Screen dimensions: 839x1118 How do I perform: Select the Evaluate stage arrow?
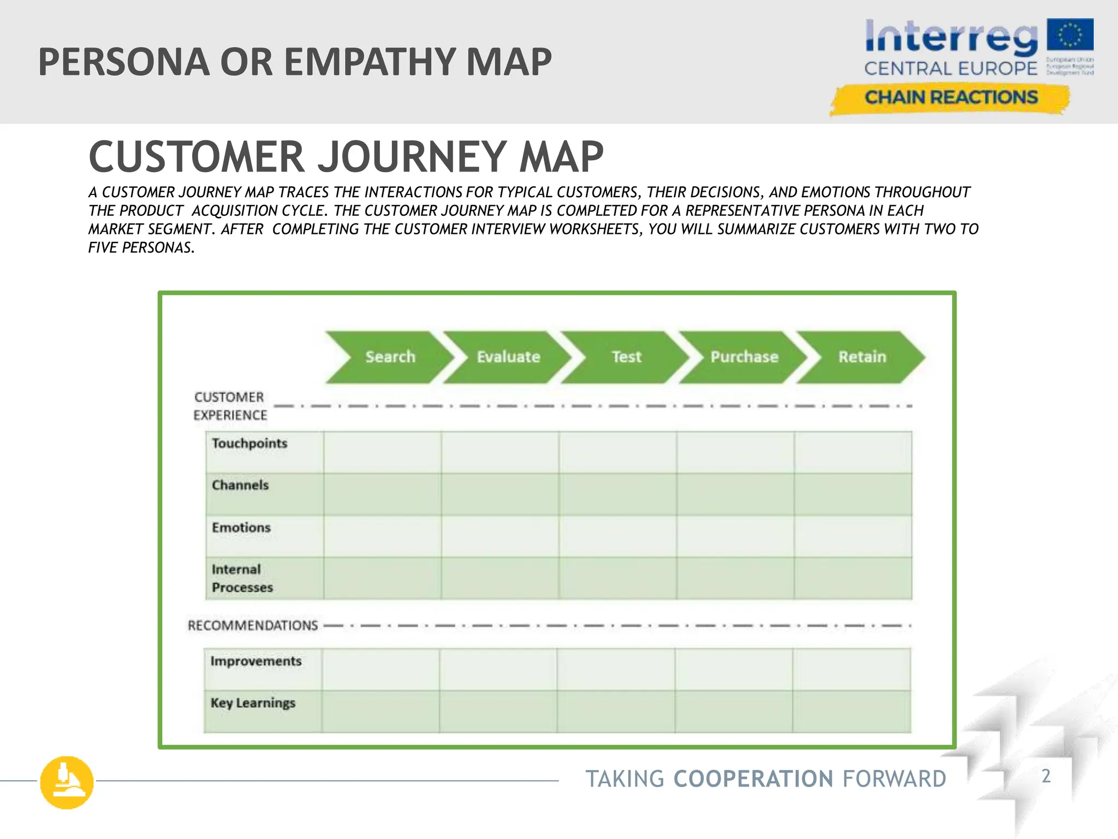pyautogui.click(x=508, y=357)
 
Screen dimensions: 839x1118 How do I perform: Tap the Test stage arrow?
pyautogui.click(x=626, y=357)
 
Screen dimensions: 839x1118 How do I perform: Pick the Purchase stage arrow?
pyautogui.click(x=744, y=357)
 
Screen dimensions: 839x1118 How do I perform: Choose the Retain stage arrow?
pyautogui.click(x=862, y=357)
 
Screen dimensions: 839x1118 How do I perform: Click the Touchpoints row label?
pyautogui.click(x=249, y=444)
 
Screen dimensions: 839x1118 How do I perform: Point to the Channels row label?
pyautogui.click(x=240, y=485)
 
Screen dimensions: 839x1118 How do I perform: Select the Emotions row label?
pyautogui.click(x=241, y=528)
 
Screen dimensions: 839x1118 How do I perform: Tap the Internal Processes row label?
pyautogui.click(x=242, y=578)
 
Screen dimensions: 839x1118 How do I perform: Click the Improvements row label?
pyautogui.click(x=256, y=661)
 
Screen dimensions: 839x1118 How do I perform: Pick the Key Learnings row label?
pyautogui.click(x=253, y=703)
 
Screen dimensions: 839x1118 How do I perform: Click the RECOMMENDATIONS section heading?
pyautogui.click(x=253, y=625)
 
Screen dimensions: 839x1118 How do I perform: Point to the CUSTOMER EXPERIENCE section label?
pyautogui.click(x=230, y=406)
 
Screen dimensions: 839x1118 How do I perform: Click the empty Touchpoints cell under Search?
pyautogui.click(x=382, y=452)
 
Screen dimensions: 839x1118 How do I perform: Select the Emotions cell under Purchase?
pyautogui.click(x=735, y=536)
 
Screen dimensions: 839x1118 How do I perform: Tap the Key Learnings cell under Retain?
pyautogui.click(x=852, y=711)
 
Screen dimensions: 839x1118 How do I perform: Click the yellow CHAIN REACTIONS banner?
pyautogui.click(x=950, y=98)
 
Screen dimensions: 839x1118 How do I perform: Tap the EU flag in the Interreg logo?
pyautogui.click(x=1070, y=36)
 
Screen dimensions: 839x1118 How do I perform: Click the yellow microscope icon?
pyautogui.click(x=67, y=782)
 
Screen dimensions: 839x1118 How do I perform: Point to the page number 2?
pyautogui.click(x=1046, y=776)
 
